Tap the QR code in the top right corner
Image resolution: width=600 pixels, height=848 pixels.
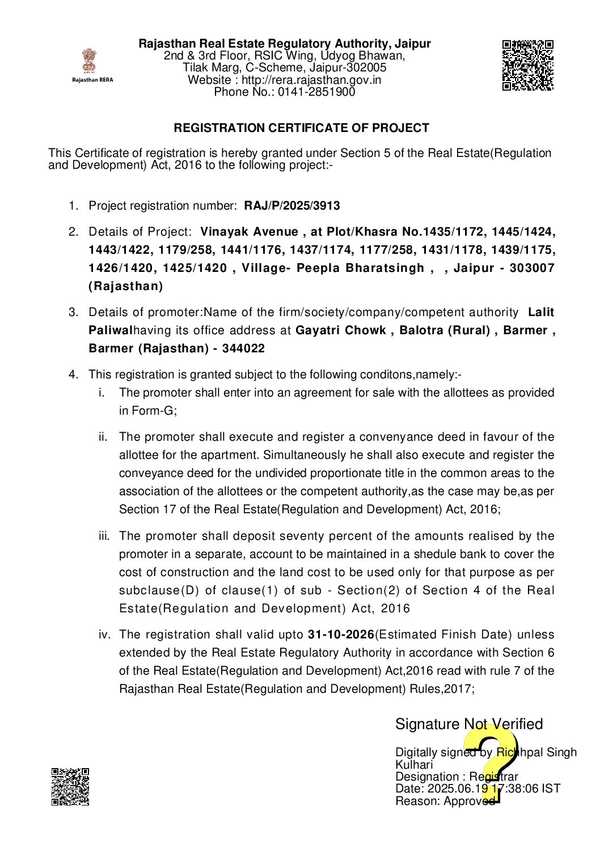coord(527,65)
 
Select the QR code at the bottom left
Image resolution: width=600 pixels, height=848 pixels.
coord(70,786)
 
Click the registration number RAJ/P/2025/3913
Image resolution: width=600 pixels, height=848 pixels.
coord(292,206)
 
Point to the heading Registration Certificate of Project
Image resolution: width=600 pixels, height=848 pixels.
coord(301,128)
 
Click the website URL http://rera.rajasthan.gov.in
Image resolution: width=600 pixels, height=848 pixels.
coord(311,80)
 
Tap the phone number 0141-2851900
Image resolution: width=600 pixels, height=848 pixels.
coord(316,92)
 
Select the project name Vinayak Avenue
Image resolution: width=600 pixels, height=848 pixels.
coord(249,232)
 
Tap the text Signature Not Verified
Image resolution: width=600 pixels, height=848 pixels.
coord(469,724)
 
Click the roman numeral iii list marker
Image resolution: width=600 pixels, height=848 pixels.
coord(104,536)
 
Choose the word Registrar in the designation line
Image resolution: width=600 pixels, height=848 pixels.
coord(493,777)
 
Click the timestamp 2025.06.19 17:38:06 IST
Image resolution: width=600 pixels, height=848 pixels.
coord(493,789)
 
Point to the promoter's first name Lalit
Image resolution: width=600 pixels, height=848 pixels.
coord(541,312)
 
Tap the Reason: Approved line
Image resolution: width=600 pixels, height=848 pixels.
coord(445,801)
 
